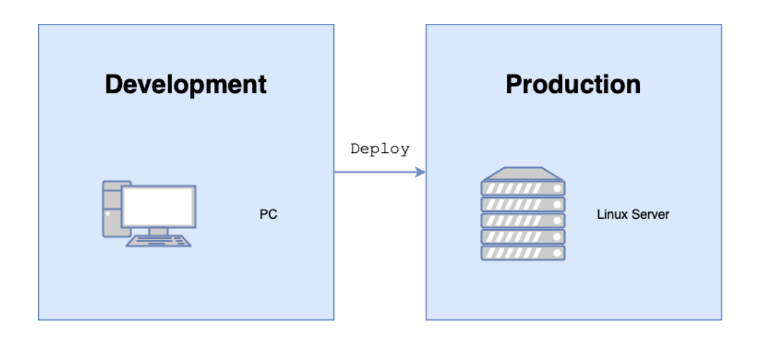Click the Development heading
tap(186, 85)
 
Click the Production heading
tap(573, 85)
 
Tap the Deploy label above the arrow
tap(380, 149)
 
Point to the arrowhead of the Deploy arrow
tap(421, 172)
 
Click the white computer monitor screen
tap(159, 206)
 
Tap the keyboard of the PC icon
tap(159, 241)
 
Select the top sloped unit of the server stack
tap(523, 173)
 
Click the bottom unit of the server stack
tap(523, 253)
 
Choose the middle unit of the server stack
tap(523, 221)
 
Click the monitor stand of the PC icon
tap(159, 230)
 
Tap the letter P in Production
tap(514, 85)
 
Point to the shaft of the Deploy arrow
tap(374, 172)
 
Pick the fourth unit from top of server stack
tap(523, 237)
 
